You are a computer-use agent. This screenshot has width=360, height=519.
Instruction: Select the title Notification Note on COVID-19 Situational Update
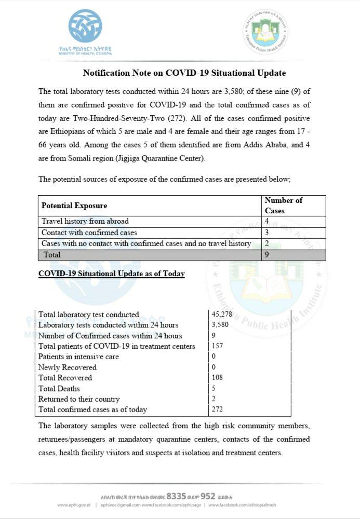point(184,73)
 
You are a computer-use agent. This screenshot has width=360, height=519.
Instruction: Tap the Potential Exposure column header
point(74,206)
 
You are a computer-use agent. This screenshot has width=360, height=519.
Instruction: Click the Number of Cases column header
point(283,206)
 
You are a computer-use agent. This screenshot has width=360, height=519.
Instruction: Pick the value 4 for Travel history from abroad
point(267,221)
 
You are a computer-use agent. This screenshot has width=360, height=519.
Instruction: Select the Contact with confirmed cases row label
point(89,233)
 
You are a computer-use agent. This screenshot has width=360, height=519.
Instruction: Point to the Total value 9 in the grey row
point(267,255)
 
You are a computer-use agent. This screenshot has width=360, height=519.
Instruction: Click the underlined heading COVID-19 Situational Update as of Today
point(112,274)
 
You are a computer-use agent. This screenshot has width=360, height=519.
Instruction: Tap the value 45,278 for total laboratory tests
point(224,315)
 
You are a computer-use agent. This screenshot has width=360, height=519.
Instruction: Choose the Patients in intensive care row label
point(78,357)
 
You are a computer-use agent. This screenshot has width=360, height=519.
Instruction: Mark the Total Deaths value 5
point(214,388)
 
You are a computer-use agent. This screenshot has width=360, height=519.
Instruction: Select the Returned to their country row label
point(79,399)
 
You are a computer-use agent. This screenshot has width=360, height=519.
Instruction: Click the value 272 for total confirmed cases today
point(218,409)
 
